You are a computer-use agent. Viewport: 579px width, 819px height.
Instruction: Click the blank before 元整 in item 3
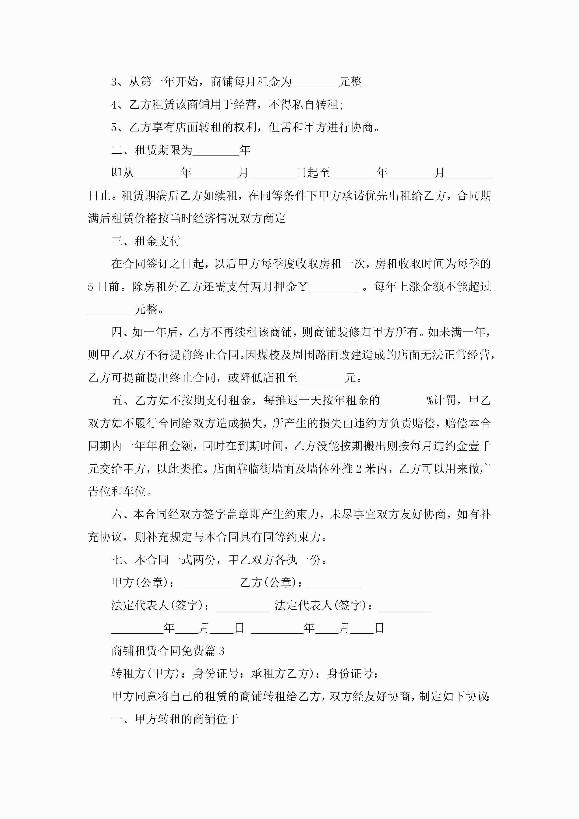315,83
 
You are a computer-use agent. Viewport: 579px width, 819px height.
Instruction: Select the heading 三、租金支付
146,241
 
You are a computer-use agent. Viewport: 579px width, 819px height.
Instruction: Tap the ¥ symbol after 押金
303,287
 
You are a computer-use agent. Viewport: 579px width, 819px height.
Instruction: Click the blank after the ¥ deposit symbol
332,287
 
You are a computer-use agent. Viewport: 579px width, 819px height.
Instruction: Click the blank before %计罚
403,401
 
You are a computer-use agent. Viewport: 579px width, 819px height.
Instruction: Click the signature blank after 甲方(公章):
207,583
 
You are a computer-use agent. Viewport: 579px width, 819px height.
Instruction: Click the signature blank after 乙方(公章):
335,583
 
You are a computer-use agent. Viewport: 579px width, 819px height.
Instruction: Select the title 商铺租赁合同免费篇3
168,651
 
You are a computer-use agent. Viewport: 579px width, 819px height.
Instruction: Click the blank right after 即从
157,174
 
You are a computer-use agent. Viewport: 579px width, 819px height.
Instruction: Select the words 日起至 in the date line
313,173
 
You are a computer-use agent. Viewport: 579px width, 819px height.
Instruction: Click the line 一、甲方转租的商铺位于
175,719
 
